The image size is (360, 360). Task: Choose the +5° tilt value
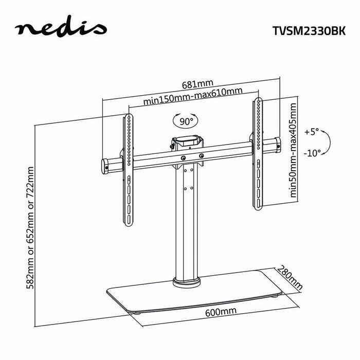click(312, 132)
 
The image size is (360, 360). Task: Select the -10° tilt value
click(312, 153)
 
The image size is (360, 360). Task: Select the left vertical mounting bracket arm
click(126, 170)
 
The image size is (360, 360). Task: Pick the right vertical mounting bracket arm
click(257, 154)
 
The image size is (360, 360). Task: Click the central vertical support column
click(186, 221)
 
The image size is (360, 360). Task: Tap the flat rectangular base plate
click(195, 297)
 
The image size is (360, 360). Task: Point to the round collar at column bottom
click(186, 281)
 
